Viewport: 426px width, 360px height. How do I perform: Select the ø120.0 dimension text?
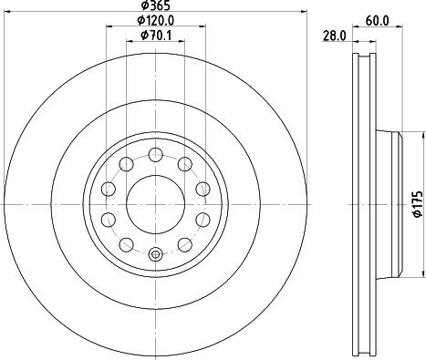(x=154, y=21)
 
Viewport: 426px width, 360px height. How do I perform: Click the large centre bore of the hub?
(x=154, y=203)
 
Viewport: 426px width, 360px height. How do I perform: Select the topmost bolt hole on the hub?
(x=154, y=153)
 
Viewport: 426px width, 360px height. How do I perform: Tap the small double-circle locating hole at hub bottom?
(x=154, y=254)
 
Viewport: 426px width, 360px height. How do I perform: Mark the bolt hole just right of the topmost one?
(x=184, y=163)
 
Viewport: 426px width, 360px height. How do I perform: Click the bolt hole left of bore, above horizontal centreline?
(x=108, y=189)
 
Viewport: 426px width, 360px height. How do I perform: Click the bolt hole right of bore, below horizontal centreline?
(x=202, y=219)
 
